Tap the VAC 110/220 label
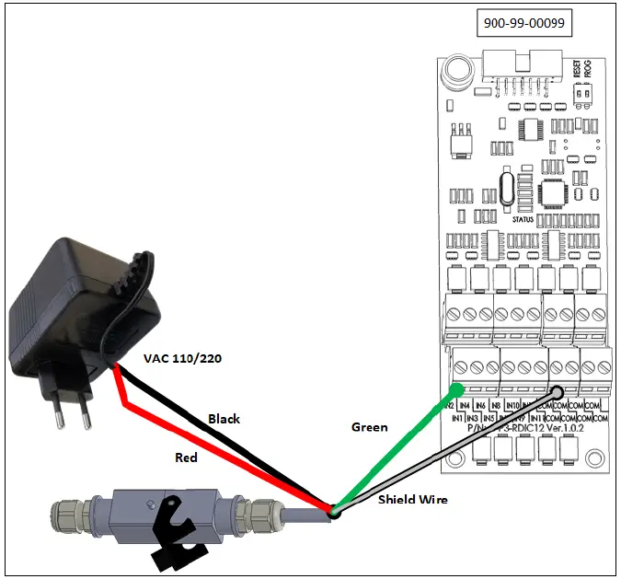click(182, 358)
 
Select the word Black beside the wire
click(224, 418)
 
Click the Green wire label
click(370, 427)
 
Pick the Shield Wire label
click(412, 500)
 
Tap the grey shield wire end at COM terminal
click(558, 388)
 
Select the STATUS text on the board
click(522, 219)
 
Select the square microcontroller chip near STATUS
click(557, 191)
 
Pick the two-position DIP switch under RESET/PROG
click(581, 94)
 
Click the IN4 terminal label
click(466, 405)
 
